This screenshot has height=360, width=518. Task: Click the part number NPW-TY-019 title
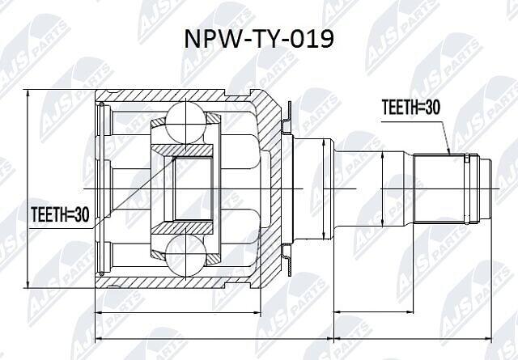259,40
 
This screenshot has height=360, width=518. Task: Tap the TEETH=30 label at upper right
410,107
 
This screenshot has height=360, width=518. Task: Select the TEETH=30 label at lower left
60,214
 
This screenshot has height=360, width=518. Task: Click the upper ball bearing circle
186,122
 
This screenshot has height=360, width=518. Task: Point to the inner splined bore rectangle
193,189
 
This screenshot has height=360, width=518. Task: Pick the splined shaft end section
439,189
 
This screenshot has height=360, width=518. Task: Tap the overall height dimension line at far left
28,189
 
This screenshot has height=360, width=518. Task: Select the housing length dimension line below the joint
178,311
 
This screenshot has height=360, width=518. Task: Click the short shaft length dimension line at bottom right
374,311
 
